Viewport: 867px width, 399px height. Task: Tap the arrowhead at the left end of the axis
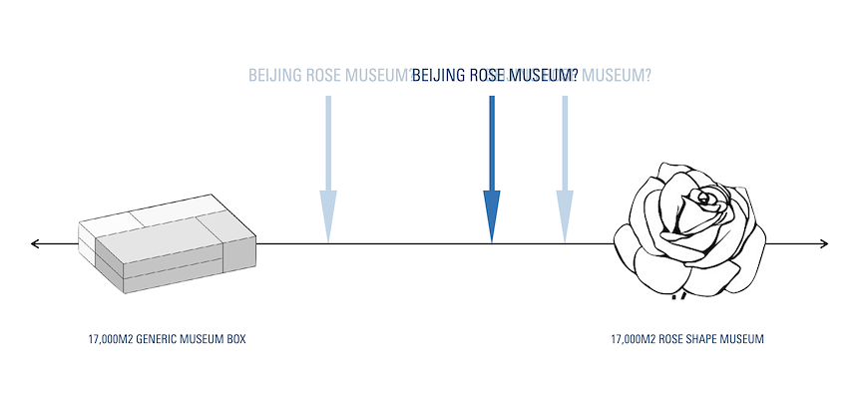click(x=36, y=243)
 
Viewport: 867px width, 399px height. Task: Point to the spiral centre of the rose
click(x=704, y=199)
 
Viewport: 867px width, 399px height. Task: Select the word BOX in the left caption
click(x=235, y=340)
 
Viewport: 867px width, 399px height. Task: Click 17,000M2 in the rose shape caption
click(x=632, y=340)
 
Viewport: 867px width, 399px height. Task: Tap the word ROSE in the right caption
click(x=666, y=340)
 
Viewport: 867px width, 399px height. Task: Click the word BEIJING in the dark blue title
click(x=438, y=76)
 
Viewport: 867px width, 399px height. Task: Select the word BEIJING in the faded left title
click(x=274, y=76)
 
